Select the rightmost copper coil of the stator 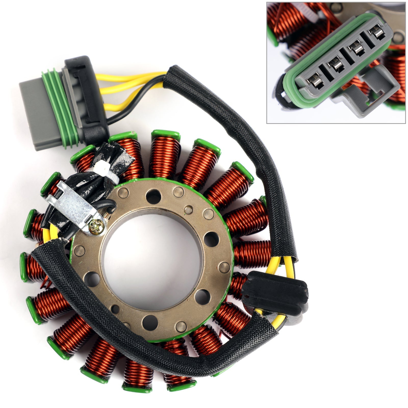pos(252,254)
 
